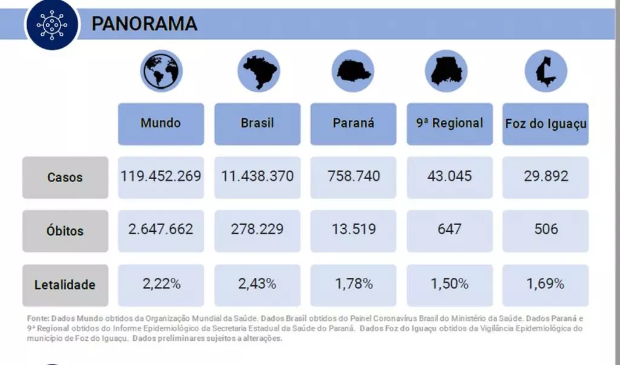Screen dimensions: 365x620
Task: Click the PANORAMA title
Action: (x=144, y=24)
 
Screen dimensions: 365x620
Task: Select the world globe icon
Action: (x=161, y=71)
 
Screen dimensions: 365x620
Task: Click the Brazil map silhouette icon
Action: (x=258, y=71)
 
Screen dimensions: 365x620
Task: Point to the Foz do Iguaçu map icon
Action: (x=546, y=71)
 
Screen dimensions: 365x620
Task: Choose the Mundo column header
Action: (x=160, y=123)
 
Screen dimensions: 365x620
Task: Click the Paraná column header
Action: (x=353, y=123)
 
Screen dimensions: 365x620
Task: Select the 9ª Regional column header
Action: (x=449, y=123)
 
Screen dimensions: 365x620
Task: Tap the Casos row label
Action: (x=65, y=178)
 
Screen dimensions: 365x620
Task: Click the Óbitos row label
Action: (x=65, y=231)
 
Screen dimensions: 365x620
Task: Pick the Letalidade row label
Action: (x=65, y=284)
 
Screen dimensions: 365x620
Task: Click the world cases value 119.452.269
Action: (x=160, y=177)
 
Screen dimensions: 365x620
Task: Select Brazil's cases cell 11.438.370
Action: (x=257, y=177)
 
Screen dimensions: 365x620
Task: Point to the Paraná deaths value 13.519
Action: (x=353, y=230)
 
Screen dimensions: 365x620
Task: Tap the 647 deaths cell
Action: (x=449, y=230)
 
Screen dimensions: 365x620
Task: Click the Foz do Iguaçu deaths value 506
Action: (x=546, y=230)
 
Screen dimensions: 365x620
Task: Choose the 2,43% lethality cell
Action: (x=257, y=284)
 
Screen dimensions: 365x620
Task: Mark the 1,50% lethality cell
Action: (x=449, y=284)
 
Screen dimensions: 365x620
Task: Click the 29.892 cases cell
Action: (x=546, y=177)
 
